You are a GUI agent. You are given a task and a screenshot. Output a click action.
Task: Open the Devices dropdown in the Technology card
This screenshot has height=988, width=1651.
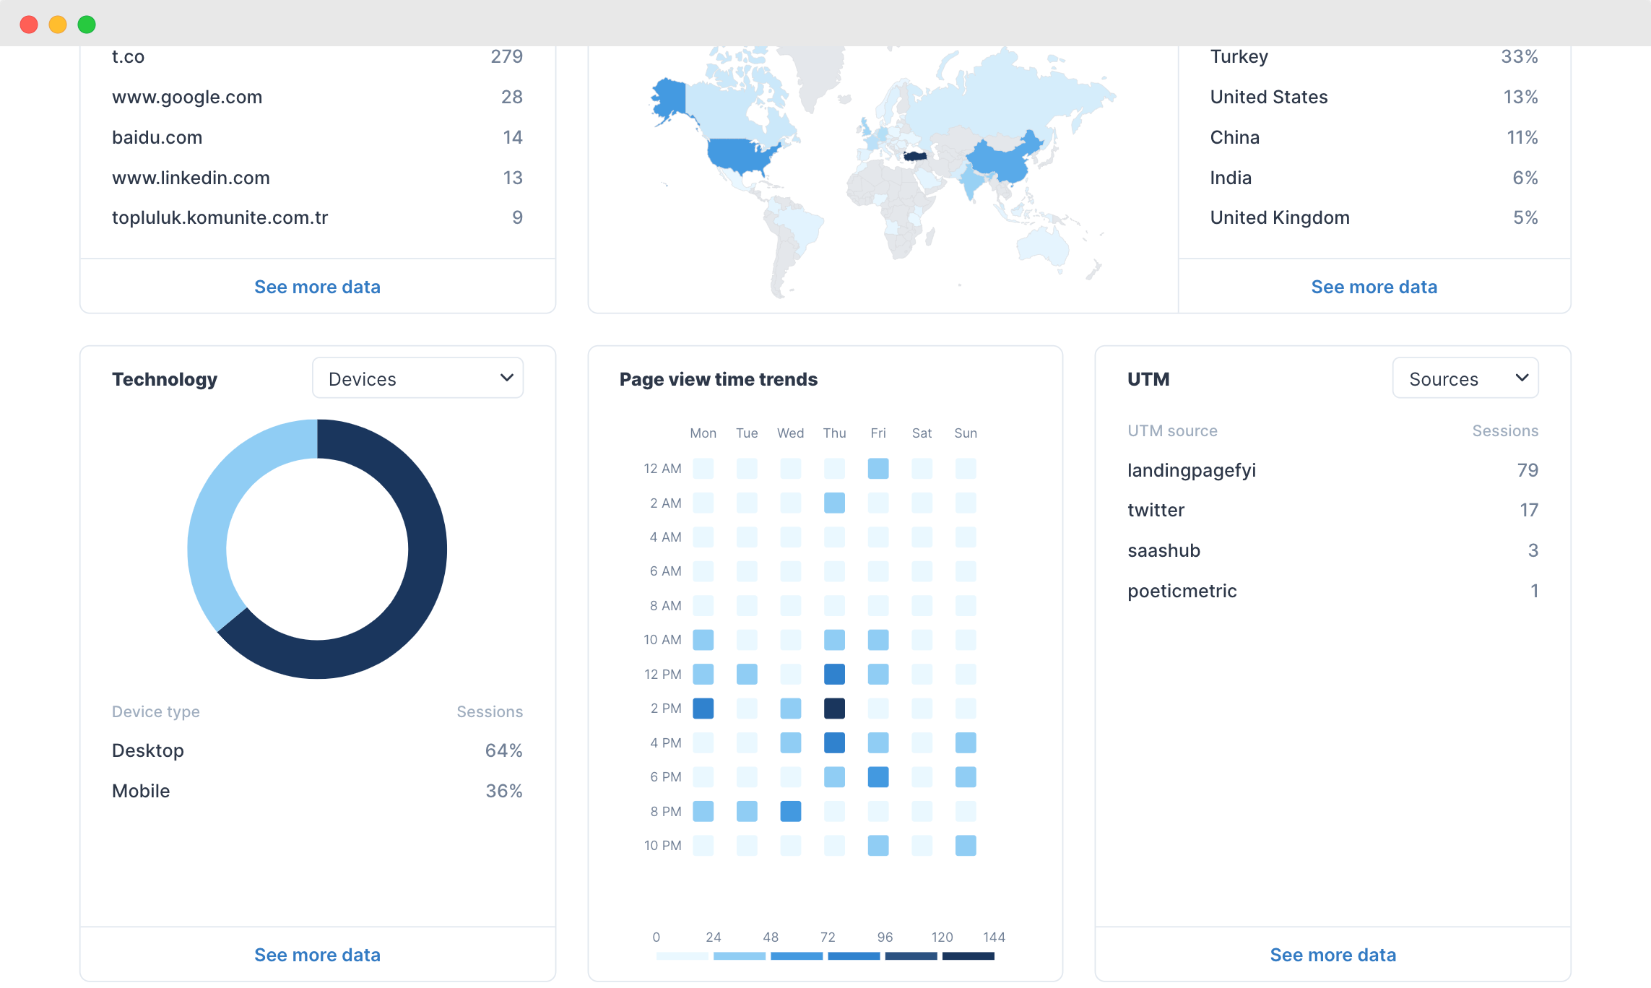tap(417, 378)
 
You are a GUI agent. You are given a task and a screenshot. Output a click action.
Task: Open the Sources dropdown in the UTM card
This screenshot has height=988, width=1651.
tap(1465, 378)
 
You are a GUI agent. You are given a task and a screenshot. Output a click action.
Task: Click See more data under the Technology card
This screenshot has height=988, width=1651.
tap(317, 955)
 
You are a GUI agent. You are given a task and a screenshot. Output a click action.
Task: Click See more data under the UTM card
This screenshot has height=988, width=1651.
tap(1332, 955)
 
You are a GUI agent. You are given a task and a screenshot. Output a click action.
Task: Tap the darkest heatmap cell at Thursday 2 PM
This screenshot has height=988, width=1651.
tap(834, 708)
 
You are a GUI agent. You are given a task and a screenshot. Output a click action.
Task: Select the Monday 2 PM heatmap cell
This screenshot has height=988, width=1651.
tap(703, 708)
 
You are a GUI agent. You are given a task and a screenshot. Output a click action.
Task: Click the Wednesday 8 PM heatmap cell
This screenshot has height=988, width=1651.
tap(790, 811)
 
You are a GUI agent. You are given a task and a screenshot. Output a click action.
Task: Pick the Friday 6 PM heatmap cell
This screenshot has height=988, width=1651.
tap(878, 777)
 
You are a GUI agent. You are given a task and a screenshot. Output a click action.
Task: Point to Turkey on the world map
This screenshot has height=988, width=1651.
tap(915, 156)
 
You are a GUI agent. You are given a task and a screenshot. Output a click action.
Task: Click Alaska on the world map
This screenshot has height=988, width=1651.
tap(669, 97)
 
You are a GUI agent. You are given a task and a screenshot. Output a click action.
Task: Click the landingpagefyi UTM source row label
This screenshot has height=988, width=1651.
tap(1192, 471)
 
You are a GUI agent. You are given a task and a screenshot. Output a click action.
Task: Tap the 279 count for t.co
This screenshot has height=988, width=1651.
tap(506, 57)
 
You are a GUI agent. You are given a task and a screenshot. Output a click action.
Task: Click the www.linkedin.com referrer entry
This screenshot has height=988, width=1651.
tap(191, 178)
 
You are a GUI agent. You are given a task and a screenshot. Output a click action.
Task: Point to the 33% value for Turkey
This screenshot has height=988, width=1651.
tap(1519, 57)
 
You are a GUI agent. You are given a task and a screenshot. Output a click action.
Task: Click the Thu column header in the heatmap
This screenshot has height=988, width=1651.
tap(834, 433)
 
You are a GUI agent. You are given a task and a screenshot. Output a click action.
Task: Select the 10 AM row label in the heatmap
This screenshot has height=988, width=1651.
tap(662, 640)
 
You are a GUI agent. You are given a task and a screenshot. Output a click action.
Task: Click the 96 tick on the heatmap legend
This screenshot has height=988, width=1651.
tap(885, 937)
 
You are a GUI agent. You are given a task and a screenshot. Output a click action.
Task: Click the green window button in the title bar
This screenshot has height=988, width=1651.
tap(87, 25)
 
